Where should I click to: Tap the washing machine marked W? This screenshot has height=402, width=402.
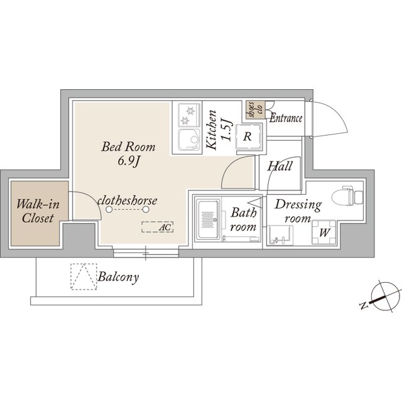324,232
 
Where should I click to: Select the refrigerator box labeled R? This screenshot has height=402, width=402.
247,137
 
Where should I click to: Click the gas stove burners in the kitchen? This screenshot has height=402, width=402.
190,115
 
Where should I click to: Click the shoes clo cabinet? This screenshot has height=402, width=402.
254,110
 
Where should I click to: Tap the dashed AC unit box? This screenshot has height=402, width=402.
158,227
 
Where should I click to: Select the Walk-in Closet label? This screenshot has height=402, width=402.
38,211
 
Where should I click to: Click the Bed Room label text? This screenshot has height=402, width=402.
128,147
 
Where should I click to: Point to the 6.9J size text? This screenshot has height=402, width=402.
128,161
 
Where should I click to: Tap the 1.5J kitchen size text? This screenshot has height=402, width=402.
227,130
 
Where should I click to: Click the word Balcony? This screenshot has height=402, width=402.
118,277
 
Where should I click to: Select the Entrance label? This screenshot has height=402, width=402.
286,119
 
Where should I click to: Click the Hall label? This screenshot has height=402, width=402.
280,166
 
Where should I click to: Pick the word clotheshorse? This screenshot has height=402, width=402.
127,200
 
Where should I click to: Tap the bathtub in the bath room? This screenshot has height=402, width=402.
208,219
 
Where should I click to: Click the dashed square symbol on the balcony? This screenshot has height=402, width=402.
84,276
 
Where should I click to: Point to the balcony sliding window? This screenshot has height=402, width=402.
146,253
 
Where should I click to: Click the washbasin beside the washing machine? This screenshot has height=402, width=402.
280,236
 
